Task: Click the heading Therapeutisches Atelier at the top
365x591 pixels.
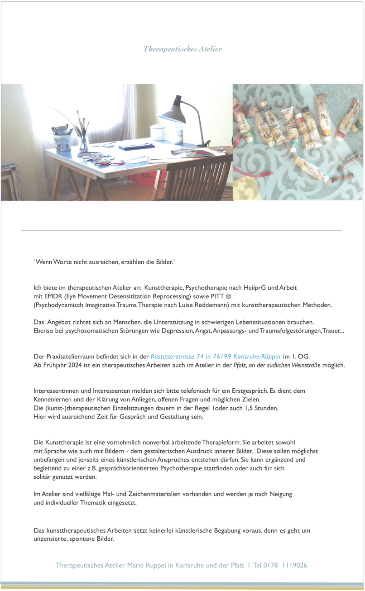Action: [182, 49]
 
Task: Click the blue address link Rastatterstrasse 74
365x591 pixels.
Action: [216, 356]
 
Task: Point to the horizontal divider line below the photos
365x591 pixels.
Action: [182, 231]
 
